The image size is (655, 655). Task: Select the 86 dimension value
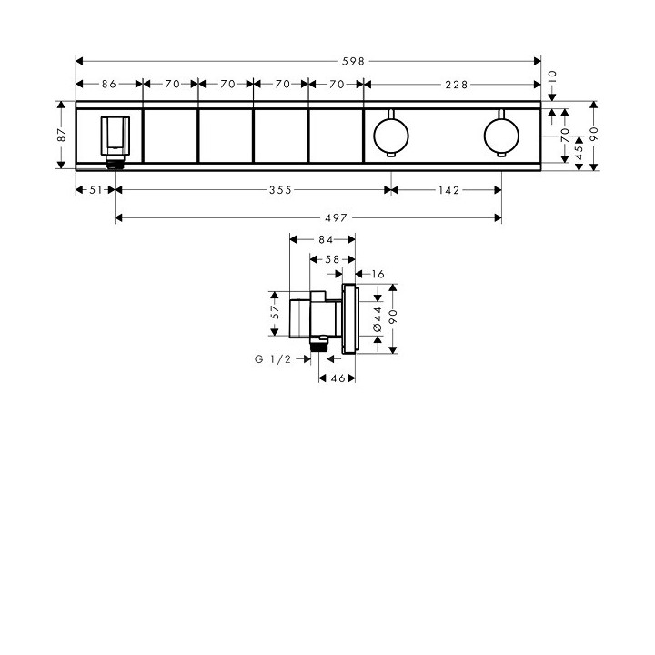(108, 84)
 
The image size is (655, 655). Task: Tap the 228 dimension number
(456, 84)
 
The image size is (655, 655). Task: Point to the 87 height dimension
(62, 134)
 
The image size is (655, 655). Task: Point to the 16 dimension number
(378, 273)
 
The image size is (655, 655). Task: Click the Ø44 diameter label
(377, 317)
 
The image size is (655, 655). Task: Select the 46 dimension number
(336, 378)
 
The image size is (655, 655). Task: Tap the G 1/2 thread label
(272, 359)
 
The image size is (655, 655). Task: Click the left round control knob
(390, 135)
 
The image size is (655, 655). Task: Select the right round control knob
(499, 135)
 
